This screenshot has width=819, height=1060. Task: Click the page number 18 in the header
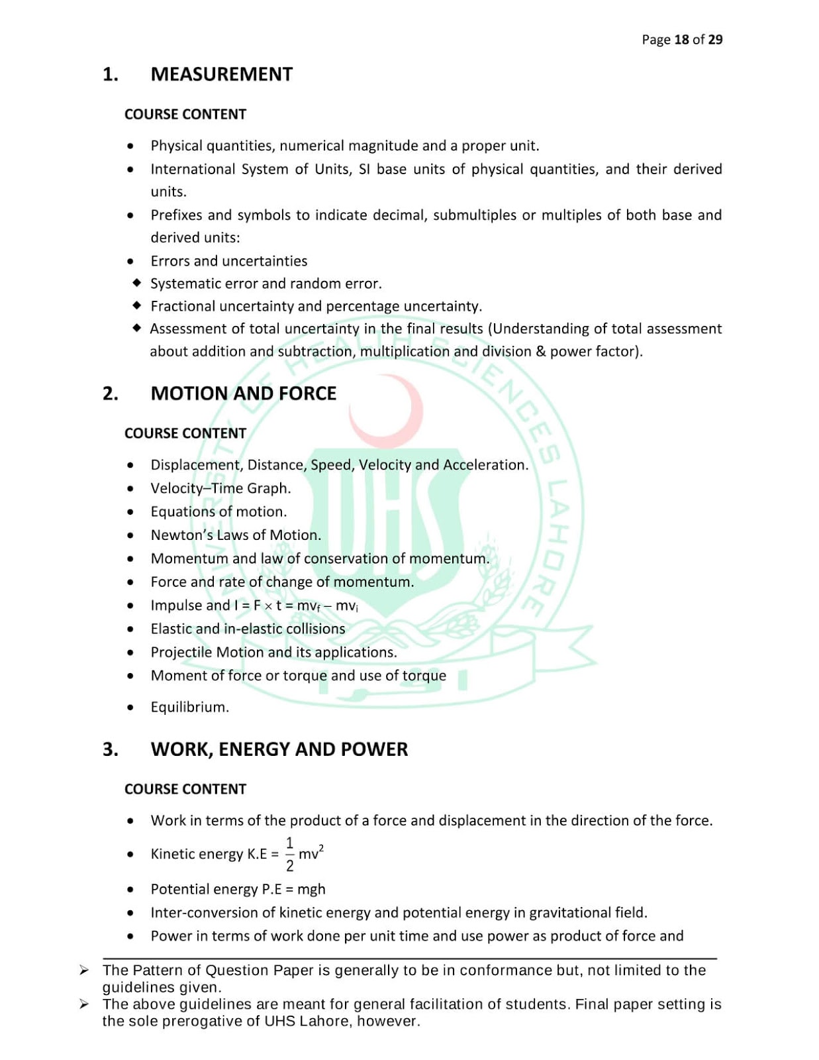[x=681, y=40]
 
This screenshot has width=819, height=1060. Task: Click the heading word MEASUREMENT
[x=221, y=74]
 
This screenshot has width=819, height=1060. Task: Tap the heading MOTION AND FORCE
[x=243, y=394]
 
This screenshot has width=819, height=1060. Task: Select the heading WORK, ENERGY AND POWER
[x=279, y=749]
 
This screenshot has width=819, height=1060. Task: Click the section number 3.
[x=110, y=749]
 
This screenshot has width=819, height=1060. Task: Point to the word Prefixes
[x=175, y=215]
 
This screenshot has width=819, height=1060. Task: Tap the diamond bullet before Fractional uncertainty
[x=136, y=305]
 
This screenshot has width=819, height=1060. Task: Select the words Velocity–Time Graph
[x=220, y=488]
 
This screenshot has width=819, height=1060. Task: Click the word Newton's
[x=175, y=535]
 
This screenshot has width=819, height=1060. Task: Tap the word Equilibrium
[x=189, y=708]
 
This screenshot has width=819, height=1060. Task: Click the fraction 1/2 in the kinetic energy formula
[x=289, y=855]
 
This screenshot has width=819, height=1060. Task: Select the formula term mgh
[x=311, y=890]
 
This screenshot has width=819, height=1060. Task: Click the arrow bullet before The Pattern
[x=84, y=971]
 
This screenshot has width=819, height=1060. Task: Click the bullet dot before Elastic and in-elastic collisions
[x=130, y=629]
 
